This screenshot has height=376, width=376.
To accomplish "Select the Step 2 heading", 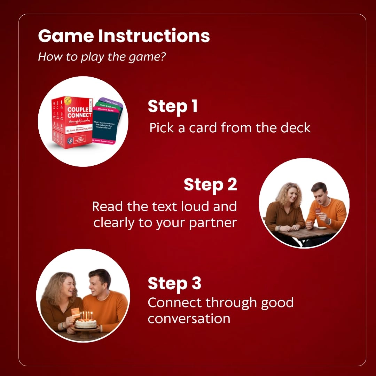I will [210, 185].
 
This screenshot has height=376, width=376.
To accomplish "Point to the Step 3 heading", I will [174, 283].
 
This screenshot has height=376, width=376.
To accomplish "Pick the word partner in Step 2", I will [213, 223].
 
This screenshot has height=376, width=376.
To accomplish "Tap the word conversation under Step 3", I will [189, 318].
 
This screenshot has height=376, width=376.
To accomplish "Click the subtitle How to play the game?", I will [102, 56].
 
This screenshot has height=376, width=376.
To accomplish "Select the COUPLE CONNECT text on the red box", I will [79, 112].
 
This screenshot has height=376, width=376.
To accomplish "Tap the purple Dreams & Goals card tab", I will [110, 101].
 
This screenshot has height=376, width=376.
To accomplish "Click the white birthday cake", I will [86, 323].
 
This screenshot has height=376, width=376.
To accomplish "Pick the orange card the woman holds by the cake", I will [76, 312].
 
